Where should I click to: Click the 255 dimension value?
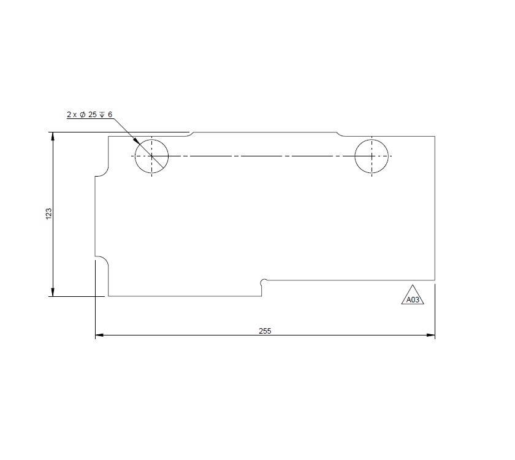(265, 331)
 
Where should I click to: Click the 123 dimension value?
(48, 213)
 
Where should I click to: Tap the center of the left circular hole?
(151, 156)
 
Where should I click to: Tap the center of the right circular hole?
(372, 156)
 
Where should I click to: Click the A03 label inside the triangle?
(413, 300)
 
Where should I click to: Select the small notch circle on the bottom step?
(264, 282)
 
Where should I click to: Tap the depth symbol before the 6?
(102, 115)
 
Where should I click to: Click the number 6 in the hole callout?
(110, 115)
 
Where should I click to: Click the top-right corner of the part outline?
(435, 136)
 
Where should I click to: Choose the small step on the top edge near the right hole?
(339, 134)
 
